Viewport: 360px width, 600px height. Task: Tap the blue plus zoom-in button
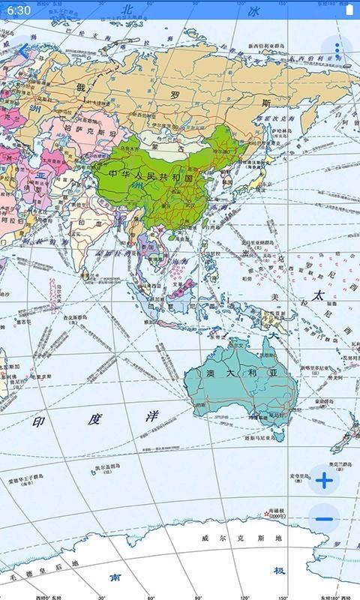pos(324,481)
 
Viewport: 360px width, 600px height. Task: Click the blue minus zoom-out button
pos(324,518)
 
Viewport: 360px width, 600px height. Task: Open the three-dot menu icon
pos(337,50)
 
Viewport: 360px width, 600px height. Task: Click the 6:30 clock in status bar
pos(19,10)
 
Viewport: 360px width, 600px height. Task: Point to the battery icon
pos(348,10)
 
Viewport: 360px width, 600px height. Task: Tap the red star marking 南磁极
pos(266,514)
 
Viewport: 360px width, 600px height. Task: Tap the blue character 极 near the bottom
pos(279,571)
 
